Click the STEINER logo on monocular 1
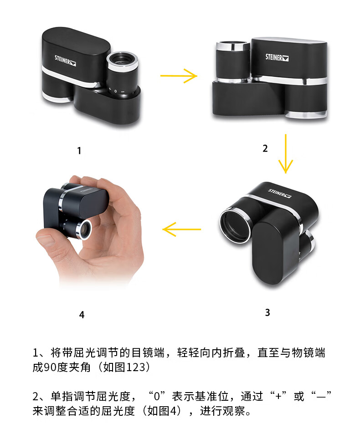(65, 61)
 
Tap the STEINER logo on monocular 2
(277, 57)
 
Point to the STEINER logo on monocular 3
(280, 193)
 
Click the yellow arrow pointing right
(179, 76)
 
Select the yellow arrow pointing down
(285, 153)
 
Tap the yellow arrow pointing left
(182, 229)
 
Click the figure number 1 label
(79, 150)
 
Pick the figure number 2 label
(265, 148)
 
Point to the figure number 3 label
(267, 312)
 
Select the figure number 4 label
(82, 315)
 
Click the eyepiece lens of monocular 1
(122, 60)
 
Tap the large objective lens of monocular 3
(235, 225)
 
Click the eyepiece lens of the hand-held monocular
(85, 230)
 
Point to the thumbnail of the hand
(46, 240)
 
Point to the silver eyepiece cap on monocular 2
(233, 45)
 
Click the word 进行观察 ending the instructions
(222, 411)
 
